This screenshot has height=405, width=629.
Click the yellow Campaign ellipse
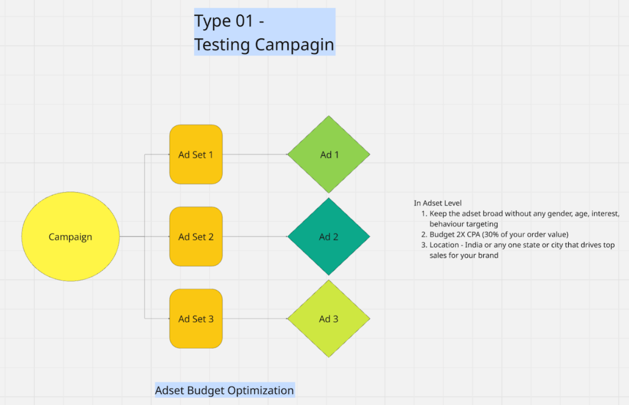pos(71,237)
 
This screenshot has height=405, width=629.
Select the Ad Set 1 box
pos(196,154)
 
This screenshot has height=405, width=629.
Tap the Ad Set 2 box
pos(196,237)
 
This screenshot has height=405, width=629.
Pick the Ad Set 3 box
pos(196,318)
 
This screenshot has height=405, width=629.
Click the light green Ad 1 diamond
pos(329,154)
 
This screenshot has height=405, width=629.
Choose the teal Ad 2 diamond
pos(329,237)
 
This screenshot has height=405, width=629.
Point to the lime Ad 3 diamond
pos(329,318)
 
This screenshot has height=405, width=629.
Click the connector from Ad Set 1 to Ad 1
pos(255,154)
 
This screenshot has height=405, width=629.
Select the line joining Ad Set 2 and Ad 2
pos(255,237)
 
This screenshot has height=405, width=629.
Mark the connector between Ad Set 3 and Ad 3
pos(255,318)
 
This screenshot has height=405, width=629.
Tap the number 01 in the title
pos(244,21)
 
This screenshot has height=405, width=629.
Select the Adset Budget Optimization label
pos(224,390)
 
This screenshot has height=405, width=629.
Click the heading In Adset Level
pos(438,203)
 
